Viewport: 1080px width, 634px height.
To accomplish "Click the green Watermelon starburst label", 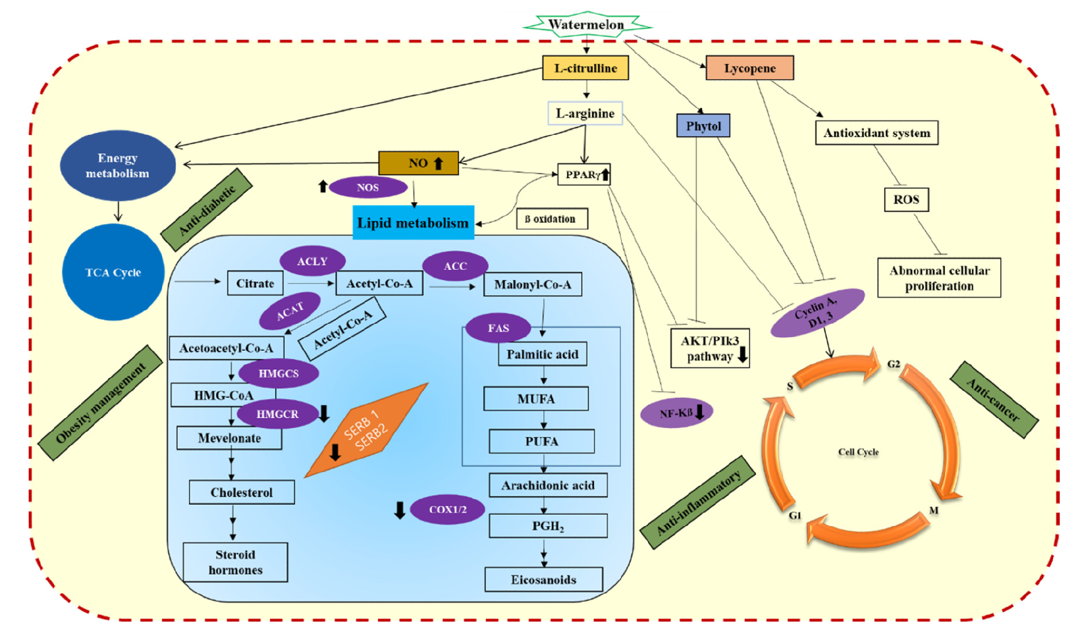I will point(586,25).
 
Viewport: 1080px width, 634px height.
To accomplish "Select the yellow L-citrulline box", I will point(585,68).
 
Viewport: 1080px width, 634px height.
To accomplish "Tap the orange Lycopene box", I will point(749,68).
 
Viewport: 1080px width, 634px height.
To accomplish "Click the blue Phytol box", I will point(703,126).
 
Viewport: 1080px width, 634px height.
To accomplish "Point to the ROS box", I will point(906,200).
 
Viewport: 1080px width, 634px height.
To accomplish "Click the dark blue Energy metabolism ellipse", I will point(118,165).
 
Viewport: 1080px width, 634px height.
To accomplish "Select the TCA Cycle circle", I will point(113,273).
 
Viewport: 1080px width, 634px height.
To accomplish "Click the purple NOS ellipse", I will point(368,188).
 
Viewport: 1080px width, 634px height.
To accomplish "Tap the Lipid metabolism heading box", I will point(413,223).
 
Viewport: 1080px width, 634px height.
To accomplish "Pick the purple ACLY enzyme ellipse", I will point(312,261).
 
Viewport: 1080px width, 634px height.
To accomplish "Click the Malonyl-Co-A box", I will point(532,284).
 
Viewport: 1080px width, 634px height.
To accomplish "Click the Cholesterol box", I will point(241,492).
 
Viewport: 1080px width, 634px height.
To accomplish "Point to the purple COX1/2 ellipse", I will point(447,509).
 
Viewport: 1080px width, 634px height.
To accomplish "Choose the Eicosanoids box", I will point(543,579).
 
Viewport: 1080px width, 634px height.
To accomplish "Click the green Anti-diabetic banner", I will point(206,210).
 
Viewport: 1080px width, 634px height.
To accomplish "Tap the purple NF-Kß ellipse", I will point(676,413).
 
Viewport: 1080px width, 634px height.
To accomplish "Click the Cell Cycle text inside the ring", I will point(858,452).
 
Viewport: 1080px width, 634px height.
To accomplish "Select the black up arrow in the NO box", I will point(438,164).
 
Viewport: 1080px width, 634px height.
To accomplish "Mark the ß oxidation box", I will point(552,219).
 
